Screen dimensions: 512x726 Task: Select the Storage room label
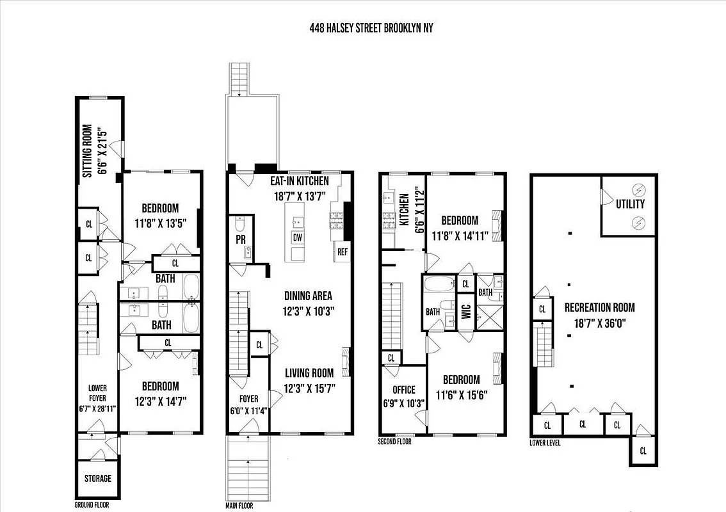[98, 478]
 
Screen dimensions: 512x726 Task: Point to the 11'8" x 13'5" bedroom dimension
[160, 223]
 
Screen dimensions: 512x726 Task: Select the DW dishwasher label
[298, 237]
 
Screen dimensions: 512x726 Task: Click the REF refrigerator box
[341, 252]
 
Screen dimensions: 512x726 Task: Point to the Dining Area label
[308, 296]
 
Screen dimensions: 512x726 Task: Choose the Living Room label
[309, 373]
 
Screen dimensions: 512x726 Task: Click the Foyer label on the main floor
[248, 398]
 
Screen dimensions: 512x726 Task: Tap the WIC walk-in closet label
[466, 311]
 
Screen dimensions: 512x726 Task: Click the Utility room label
[631, 204]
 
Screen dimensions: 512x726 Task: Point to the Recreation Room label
[599, 308]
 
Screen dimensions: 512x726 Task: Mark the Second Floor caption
[395, 442]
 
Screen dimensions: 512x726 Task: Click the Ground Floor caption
[92, 505]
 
